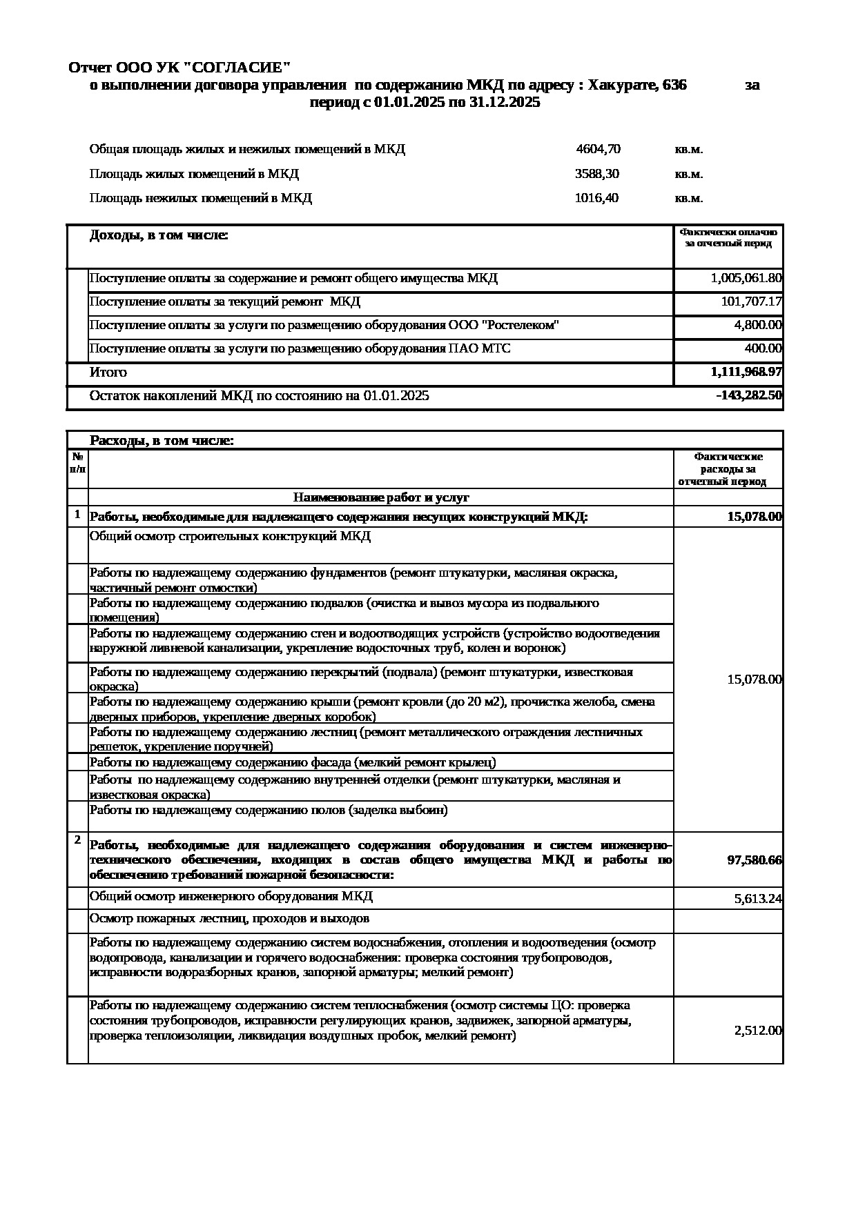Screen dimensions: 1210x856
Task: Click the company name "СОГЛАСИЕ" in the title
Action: (x=237, y=68)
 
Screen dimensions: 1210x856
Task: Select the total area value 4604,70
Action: (x=598, y=149)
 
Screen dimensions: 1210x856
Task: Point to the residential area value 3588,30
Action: (x=596, y=174)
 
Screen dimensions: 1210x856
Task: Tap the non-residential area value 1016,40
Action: (x=596, y=199)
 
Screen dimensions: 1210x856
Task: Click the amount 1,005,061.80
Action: (x=746, y=279)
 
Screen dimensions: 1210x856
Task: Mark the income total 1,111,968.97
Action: (x=746, y=373)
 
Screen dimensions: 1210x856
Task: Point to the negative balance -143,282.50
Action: (x=749, y=396)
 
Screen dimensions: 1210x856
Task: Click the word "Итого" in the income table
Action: (x=108, y=373)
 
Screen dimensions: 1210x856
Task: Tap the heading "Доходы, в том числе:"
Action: (x=159, y=236)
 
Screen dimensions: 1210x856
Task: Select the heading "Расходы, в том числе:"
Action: (x=162, y=441)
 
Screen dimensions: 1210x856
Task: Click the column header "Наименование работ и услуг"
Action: (x=381, y=497)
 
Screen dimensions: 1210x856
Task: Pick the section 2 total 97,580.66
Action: (x=755, y=860)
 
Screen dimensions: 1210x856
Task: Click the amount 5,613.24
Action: (x=758, y=900)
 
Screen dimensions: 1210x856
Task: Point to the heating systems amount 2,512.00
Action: (x=758, y=1031)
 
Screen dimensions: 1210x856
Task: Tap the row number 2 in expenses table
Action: (x=77, y=840)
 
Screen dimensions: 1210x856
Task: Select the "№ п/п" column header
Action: (x=77, y=463)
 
